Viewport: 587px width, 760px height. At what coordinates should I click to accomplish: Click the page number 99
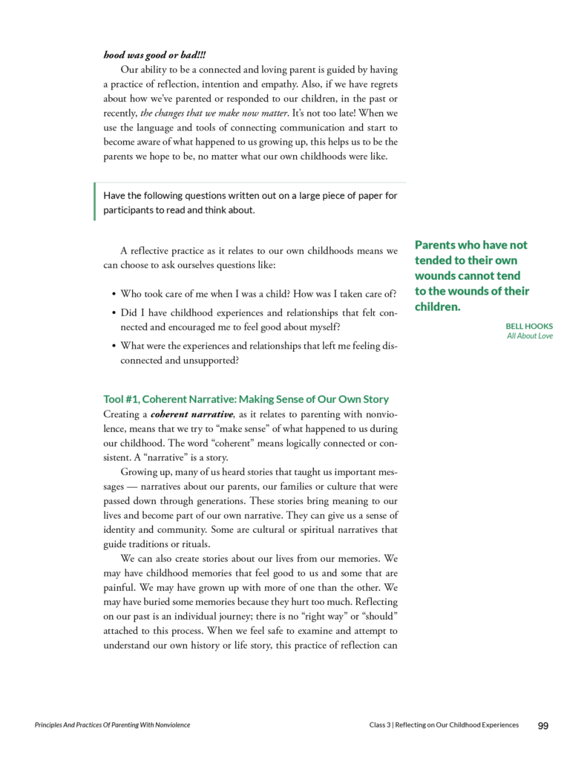point(542,725)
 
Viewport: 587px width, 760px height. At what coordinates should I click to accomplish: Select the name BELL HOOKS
point(529,326)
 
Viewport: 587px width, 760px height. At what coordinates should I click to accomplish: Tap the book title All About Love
point(530,335)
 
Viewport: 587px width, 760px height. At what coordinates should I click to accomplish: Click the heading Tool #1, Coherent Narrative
point(246,399)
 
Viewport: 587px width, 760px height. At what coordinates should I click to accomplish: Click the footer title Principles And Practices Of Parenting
point(112,725)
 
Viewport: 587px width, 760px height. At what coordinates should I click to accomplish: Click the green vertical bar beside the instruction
point(95,202)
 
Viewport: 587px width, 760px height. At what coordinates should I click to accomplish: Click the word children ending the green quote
point(436,307)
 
